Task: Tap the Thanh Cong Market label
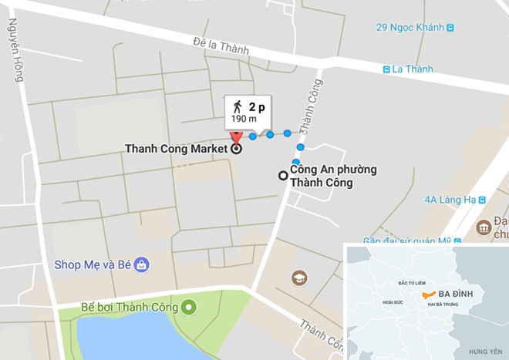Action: [x=176, y=149]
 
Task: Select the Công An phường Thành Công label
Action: [x=322, y=177]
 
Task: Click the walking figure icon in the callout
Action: [x=237, y=106]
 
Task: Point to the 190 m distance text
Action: [x=244, y=119]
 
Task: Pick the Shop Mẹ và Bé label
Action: [x=91, y=264]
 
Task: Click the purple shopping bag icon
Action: [x=142, y=265]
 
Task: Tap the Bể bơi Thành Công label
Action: [x=130, y=308]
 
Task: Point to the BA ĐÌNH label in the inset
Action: [x=460, y=293]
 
